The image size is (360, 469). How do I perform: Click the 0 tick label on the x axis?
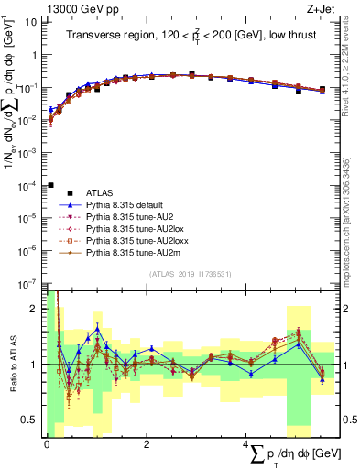(47, 443)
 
